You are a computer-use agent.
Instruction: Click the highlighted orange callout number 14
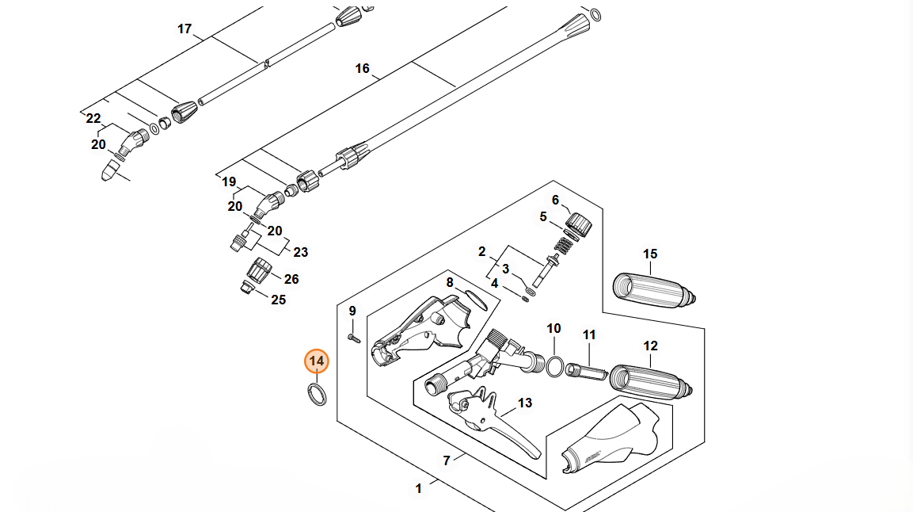(317, 361)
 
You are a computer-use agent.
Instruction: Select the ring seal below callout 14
(315, 394)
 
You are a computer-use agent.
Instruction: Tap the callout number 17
(185, 29)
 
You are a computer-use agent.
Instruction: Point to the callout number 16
(362, 69)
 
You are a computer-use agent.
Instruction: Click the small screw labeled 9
(353, 338)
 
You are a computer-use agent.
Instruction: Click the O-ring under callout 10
(555, 366)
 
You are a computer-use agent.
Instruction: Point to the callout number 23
(301, 253)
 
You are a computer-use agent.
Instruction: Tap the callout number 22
(93, 119)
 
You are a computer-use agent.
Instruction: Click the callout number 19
(229, 182)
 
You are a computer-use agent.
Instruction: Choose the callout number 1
(419, 489)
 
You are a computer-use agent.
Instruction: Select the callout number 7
(447, 460)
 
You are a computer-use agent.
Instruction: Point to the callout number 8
(449, 282)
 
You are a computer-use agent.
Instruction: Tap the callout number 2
(481, 252)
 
